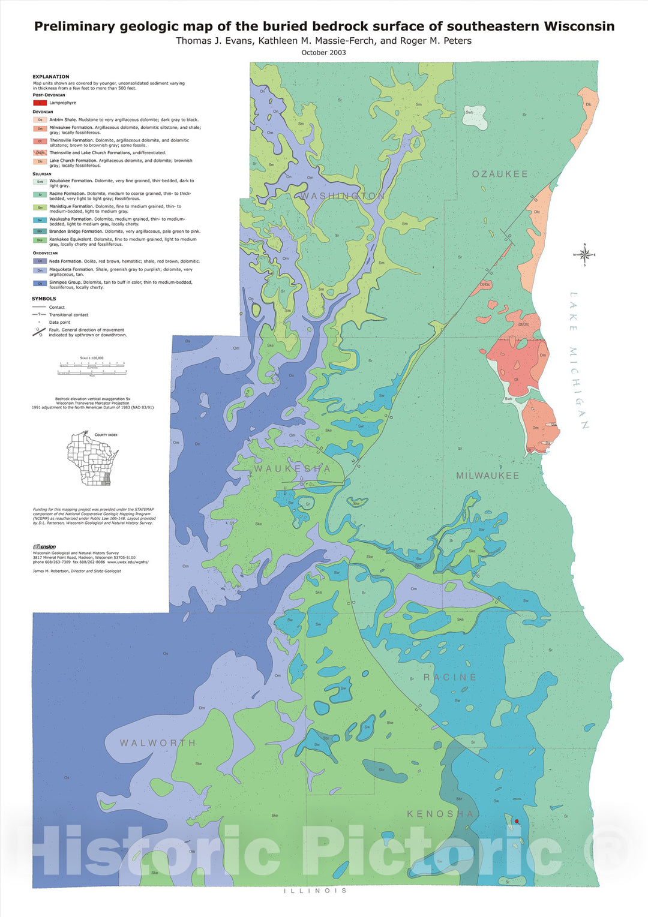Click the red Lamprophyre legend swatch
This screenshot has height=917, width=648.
pyautogui.click(x=40, y=103)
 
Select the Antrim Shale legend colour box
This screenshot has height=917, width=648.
pyautogui.click(x=40, y=120)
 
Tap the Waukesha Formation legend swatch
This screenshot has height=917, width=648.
pyautogui.click(x=40, y=220)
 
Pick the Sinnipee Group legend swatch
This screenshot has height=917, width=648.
pyautogui.click(x=40, y=283)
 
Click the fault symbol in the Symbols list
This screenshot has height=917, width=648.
pyautogui.click(x=40, y=332)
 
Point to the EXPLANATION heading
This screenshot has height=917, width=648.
pyautogui.click(x=51, y=77)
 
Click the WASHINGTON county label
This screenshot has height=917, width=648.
pyautogui.click(x=342, y=196)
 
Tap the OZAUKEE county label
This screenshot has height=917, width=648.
pyautogui.click(x=500, y=174)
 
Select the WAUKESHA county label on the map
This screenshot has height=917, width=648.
pyautogui.click(x=292, y=468)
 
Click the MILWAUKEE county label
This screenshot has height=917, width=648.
pyautogui.click(x=487, y=476)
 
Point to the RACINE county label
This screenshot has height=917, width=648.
pyautogui.click(x=450, y=677)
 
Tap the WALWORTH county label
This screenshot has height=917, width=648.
pyautogui.click(x=158, y=743)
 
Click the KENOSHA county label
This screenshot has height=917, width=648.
pyautogui.click(x=440, y=814)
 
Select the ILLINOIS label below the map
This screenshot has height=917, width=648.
pyautogui.click(x=316, y=891)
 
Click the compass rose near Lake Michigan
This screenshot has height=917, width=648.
pyautogui.click(x=584, y=254)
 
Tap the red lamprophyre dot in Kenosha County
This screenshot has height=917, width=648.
pyautogui.click(x=517, y=821)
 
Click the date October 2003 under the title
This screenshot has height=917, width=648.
pyautogui.click(x=323, y=53)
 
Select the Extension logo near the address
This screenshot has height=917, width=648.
pyautogui.click(x=44, y=546)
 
